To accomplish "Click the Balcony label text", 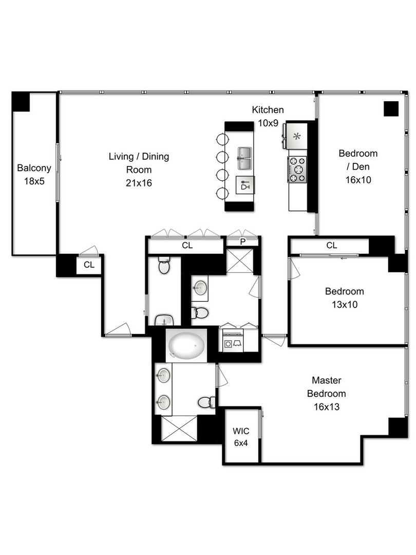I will [x=34, y=168].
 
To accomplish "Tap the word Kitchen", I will [x=268, y=110].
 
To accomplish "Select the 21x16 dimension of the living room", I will [x=138, y=182].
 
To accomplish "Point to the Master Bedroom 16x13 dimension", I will [x=326, y=406].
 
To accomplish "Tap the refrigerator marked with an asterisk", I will [x=296, y=137].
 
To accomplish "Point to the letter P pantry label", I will [x=243, y=242].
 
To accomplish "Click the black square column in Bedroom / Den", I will [x=391, y=109].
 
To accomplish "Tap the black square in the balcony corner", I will [x=21, y=101].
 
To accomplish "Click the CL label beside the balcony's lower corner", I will [x=89, y=265].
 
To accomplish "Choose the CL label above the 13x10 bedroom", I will [x=332, y=246].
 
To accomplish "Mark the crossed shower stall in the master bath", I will [x=179, y=428].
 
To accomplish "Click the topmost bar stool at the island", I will [x=222, y=139].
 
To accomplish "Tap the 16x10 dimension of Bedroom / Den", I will [x=358, y=180].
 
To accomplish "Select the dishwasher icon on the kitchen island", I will [x=245, y=184].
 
